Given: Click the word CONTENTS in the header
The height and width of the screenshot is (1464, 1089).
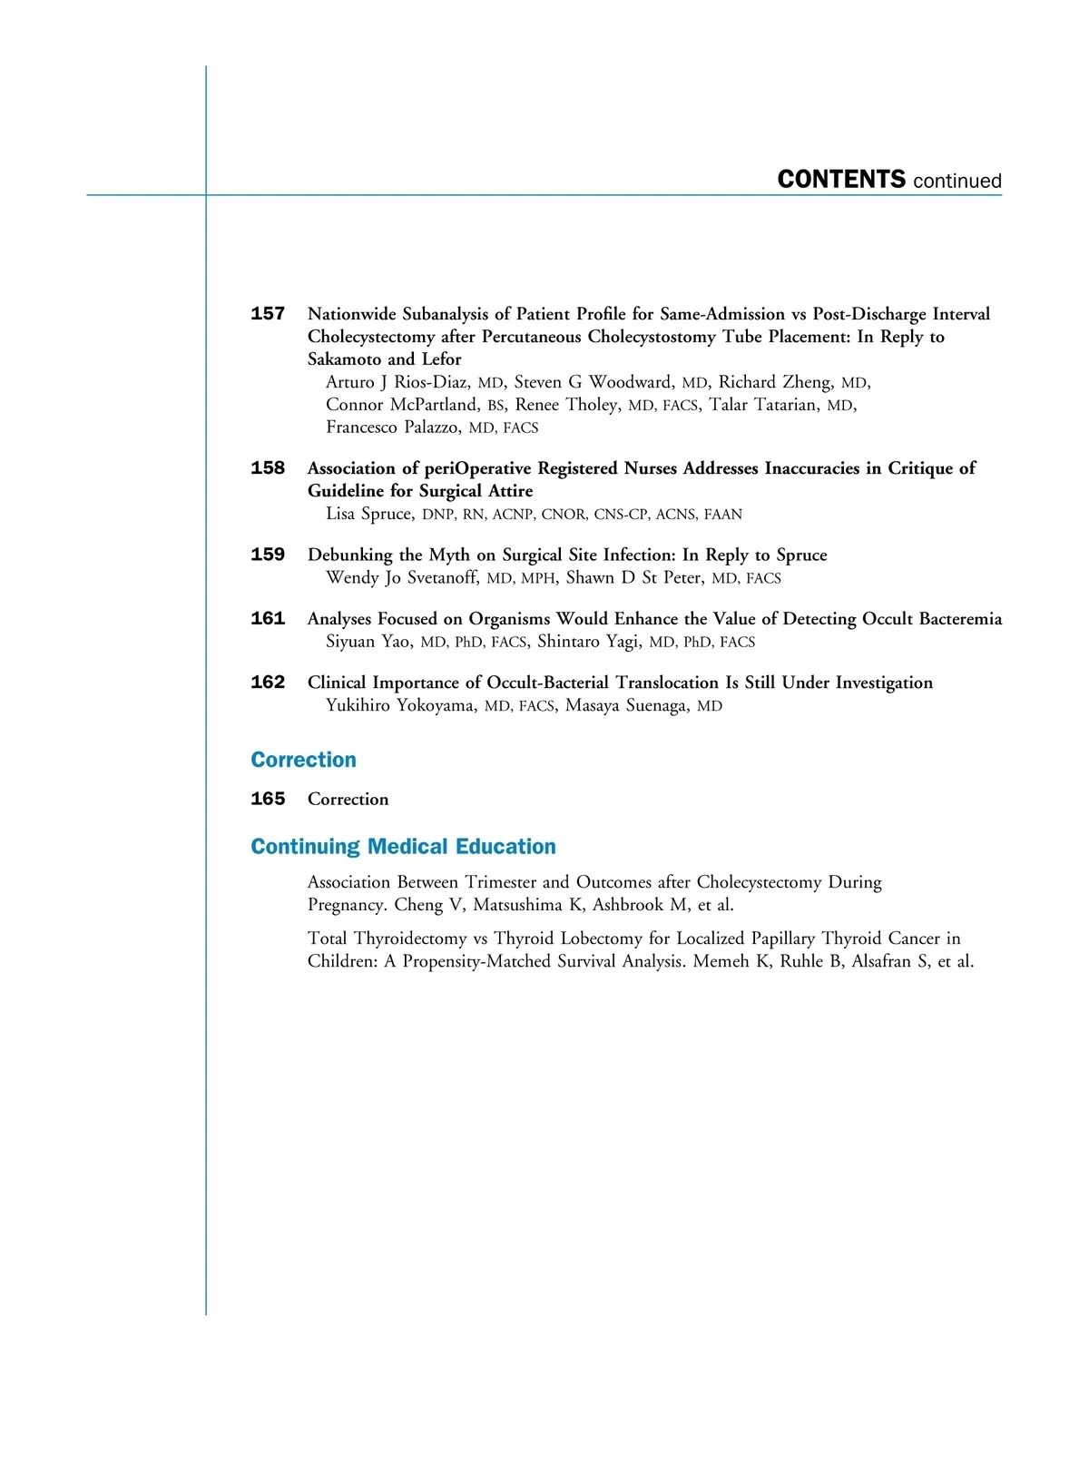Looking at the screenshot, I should (841, 179).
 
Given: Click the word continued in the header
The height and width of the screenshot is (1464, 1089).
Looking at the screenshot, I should (957, 181).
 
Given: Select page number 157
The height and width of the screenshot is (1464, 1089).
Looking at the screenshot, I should (268, 314).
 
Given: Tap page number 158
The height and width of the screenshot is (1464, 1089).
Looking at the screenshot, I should (268, 468).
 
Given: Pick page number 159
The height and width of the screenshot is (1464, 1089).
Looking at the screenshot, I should (268, 555).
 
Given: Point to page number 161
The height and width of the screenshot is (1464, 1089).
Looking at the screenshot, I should (268, 619).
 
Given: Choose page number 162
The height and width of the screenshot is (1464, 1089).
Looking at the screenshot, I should (268, 683).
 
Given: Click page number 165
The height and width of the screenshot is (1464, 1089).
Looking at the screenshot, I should (268, 799).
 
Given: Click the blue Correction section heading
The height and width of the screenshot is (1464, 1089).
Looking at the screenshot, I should (303, 760).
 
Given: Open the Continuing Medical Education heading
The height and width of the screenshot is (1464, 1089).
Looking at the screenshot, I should (403, 847).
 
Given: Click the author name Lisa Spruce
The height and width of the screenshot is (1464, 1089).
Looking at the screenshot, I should (368, 515).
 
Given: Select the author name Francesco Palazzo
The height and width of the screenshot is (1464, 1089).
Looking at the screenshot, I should (392, 427).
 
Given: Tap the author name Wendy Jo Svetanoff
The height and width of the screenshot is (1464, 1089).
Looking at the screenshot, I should (401, 578).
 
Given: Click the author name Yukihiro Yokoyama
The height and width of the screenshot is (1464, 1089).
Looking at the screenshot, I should (400, 706).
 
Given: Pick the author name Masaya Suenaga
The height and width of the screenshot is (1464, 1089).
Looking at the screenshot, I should (626, 706).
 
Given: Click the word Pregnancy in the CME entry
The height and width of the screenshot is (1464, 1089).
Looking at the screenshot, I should (346, 905).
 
